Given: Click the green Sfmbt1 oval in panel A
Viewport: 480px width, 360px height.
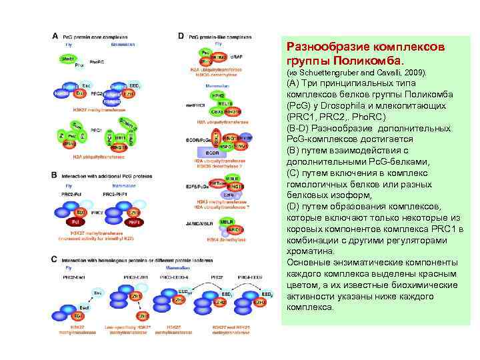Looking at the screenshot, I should pyautogui.click(x=67, y=59).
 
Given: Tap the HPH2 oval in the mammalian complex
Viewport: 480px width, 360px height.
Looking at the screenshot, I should pyautogui.click(x=217, y=96).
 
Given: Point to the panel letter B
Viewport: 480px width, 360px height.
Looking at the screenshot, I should pyautogui.click(x=55, y=175).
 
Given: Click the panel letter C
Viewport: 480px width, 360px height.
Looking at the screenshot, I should pyautogui.click(x=55, y=258).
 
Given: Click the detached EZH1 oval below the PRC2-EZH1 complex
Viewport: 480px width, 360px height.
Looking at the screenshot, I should pyautogui.click(x=141, y=315).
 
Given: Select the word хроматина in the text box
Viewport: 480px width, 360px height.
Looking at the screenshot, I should pyautogui.click(x=309, y=251).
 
